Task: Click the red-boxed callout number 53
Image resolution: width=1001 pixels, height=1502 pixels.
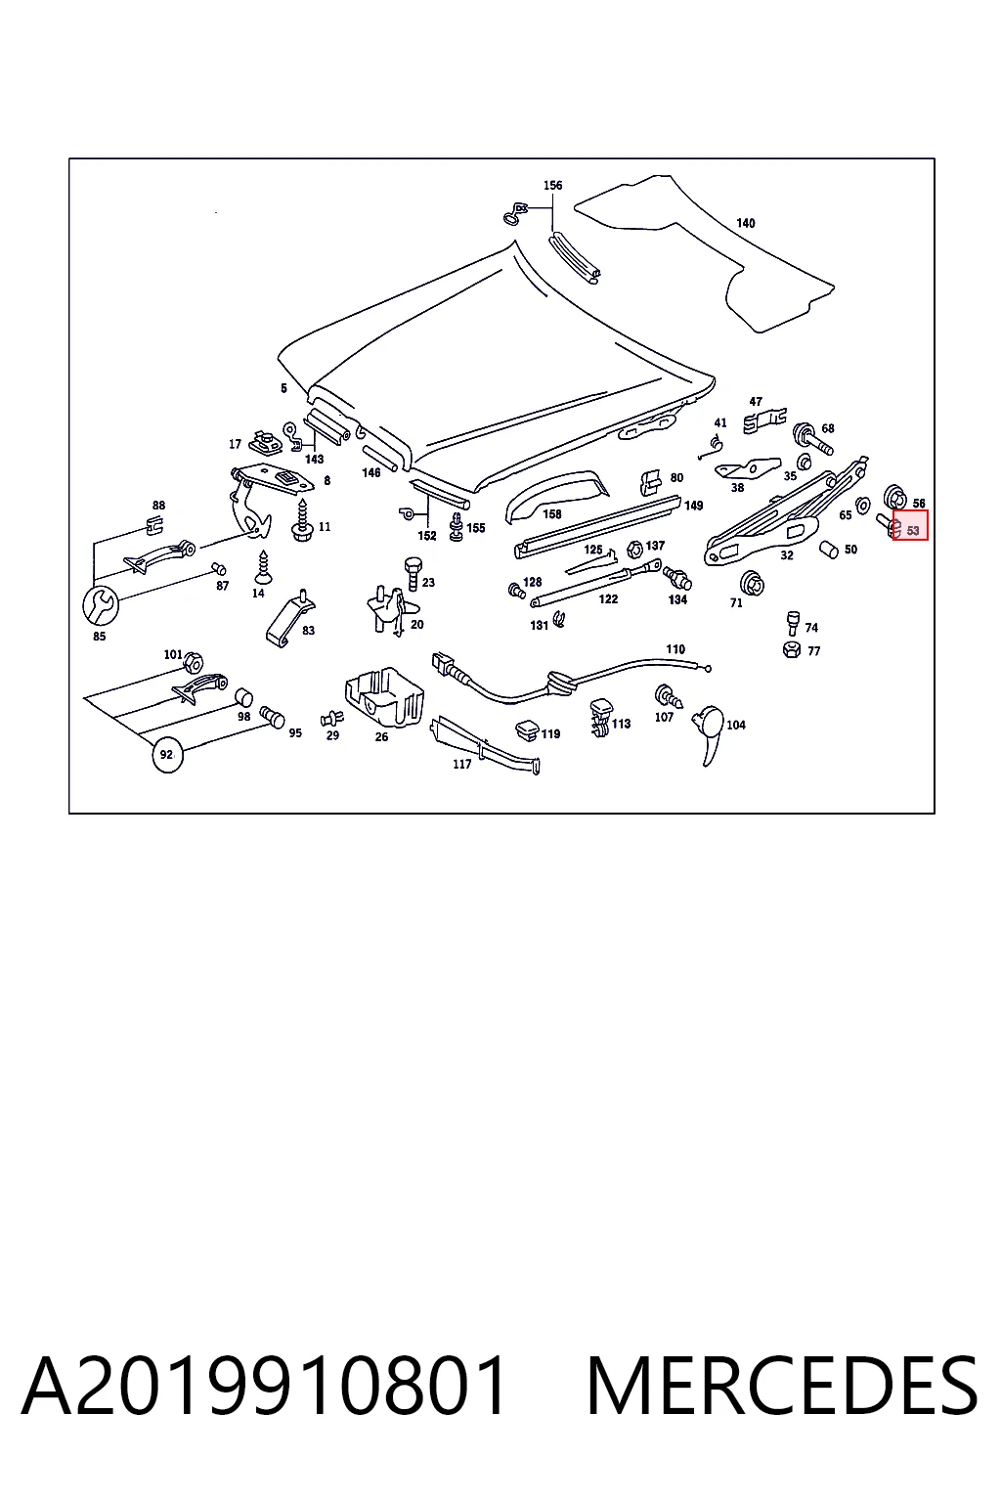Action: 912,530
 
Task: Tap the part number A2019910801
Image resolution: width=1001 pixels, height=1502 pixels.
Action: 264,1388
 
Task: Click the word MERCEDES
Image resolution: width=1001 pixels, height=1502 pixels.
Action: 782,1388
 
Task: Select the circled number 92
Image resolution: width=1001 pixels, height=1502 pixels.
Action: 167,755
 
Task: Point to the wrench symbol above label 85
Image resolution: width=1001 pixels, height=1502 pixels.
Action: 100,605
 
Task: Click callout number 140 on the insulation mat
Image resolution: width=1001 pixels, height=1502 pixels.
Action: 746,223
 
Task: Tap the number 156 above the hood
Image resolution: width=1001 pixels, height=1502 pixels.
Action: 552,185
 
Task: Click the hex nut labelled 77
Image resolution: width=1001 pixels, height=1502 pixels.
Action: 791,649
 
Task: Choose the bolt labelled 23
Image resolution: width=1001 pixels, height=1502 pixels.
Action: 413,574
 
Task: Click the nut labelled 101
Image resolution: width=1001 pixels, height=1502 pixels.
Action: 194,662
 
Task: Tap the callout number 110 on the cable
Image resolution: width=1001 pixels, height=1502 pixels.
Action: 675,649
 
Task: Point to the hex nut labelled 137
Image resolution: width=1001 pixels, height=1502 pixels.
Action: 633,550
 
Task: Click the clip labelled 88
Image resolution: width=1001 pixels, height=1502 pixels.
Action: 154,526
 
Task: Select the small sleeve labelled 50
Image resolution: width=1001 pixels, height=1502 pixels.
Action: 829,550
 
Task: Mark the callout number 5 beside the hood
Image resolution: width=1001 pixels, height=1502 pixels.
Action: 283,388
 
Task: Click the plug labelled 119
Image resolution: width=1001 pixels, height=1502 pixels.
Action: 527,730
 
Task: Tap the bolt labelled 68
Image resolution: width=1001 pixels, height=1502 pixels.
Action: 812,438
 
